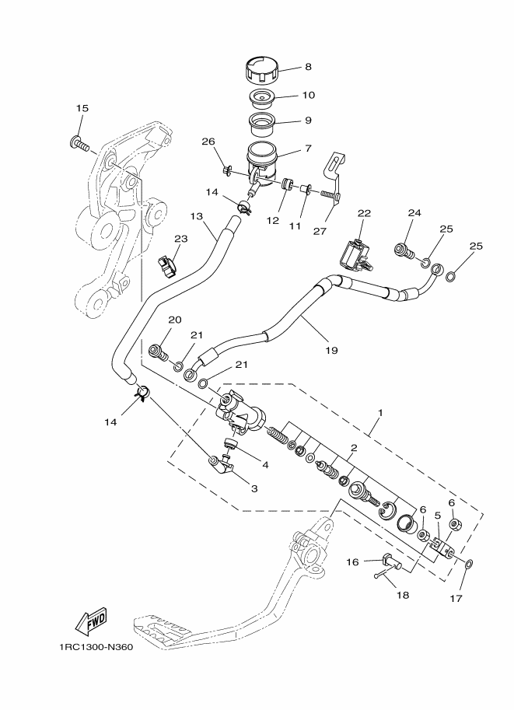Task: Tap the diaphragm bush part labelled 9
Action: [x=262, y=121]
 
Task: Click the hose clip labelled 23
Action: [x=166, y=267]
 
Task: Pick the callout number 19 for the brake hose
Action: [x=331, y=351]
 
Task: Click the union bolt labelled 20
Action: [x=159, y=351]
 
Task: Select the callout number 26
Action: [x=208, y=142]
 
